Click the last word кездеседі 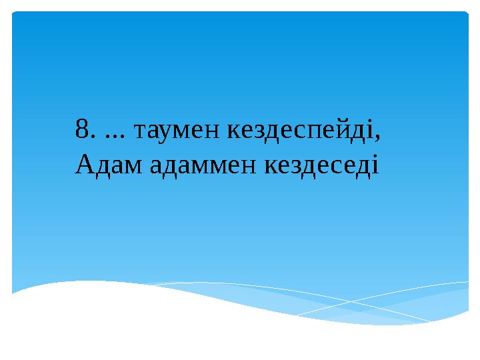pos(323,163)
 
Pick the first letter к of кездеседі pos(272,165)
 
